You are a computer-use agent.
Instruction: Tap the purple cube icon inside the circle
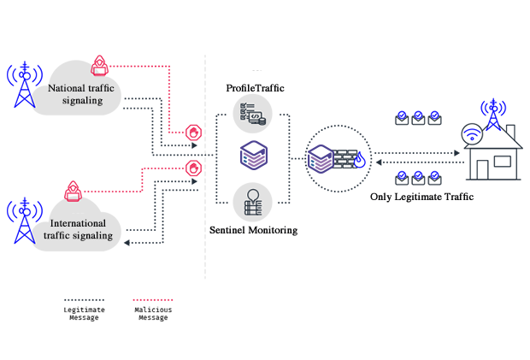321,160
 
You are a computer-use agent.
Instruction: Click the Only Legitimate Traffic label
422,197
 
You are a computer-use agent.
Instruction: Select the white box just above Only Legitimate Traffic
415,138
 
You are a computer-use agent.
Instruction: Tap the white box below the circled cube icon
338,209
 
